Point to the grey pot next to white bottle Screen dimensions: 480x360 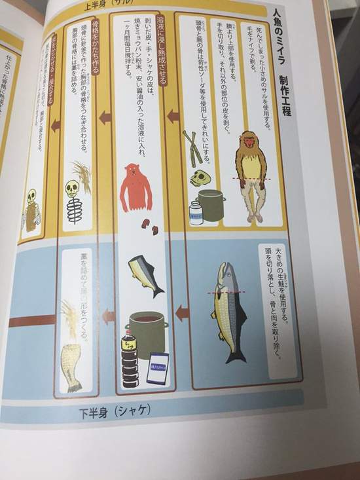(x=212, y=205)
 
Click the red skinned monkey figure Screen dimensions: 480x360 (x=136, y=188)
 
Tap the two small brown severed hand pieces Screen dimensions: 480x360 (x=151, y=227)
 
